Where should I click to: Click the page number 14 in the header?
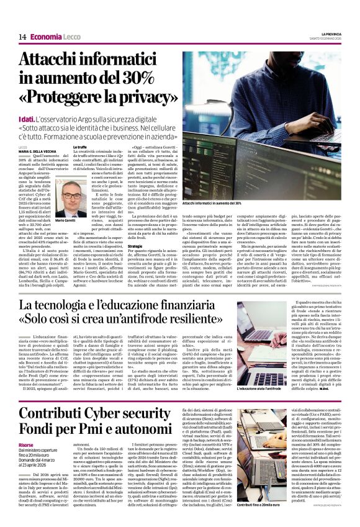click(x=22, y=37)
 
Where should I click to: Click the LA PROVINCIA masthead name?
click(x=331, y=34)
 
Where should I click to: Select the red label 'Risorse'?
click(x=26, y=445)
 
